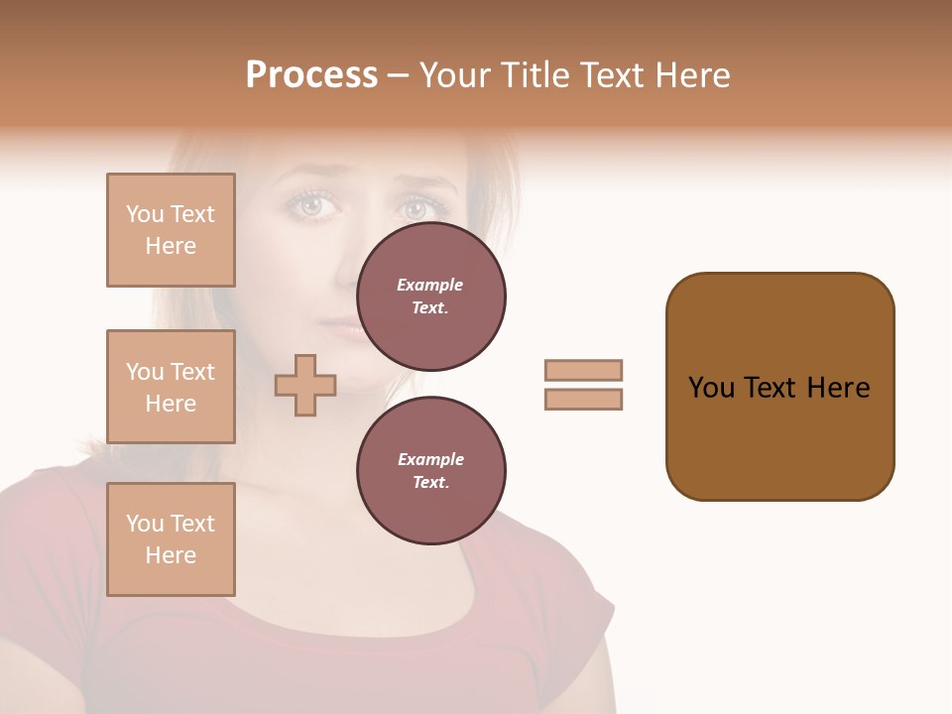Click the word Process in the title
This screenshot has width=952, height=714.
click(311, 75)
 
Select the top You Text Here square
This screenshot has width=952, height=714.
click(171, 230)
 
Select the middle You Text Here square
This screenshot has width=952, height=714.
click(171, 387)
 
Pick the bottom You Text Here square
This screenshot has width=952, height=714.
click(171, 539)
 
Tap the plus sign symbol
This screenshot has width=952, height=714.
click(305, 385)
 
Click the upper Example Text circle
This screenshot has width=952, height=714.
click(430, 297)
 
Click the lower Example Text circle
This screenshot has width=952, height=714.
click(430, 471)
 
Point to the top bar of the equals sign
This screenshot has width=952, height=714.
click(583, 370)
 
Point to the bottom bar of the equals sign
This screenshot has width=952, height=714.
click(583, 399)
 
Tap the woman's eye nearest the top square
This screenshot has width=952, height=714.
click(312, 205)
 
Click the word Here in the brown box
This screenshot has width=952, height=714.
click(838, 388)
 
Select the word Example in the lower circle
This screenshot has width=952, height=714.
click(430, 459)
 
